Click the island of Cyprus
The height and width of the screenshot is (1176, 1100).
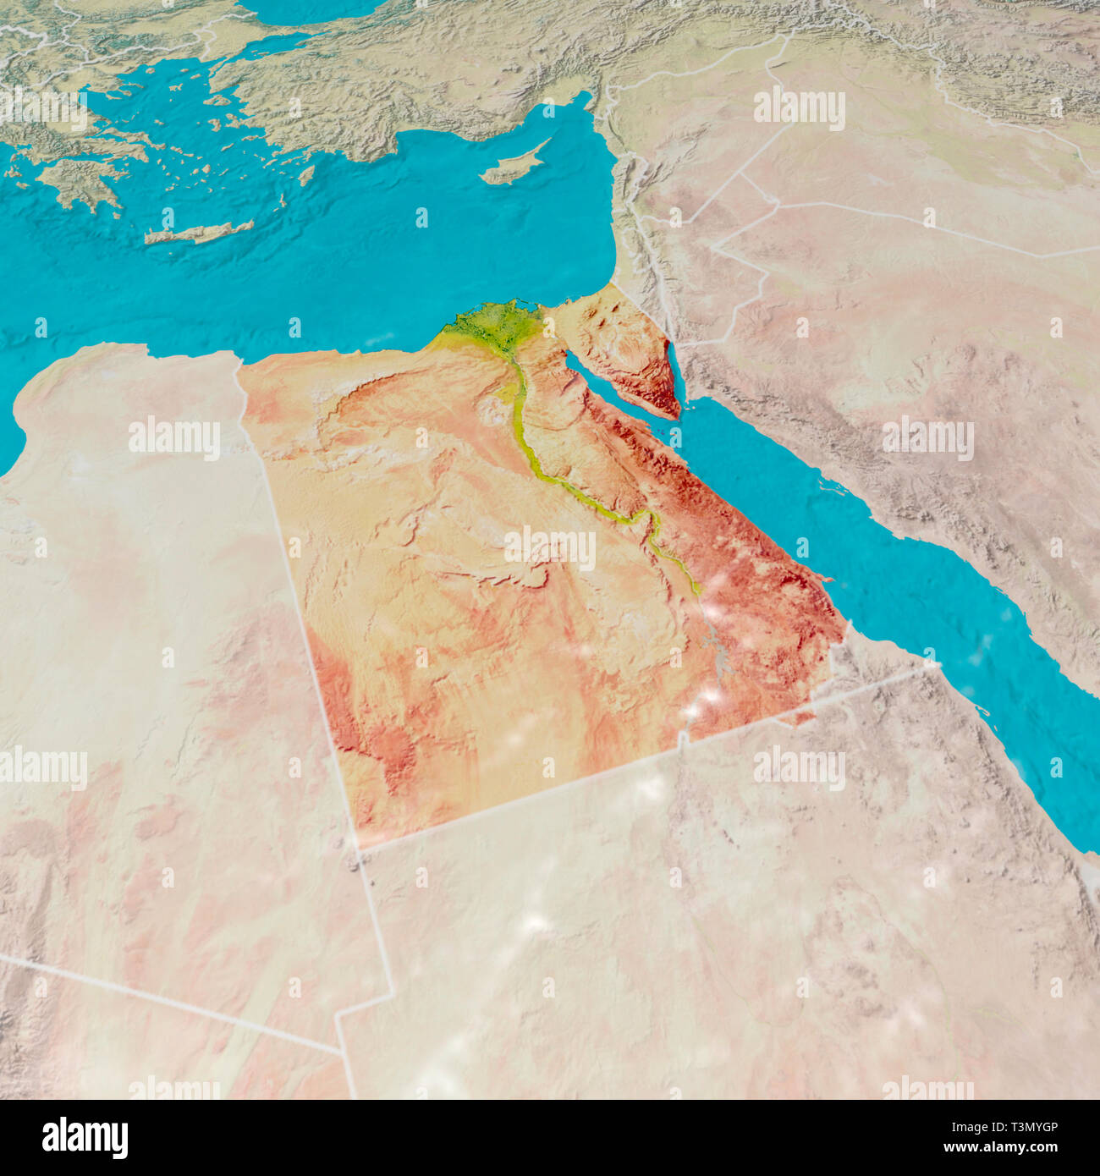(514, 166)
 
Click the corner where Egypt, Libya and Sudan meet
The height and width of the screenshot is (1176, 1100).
(355, 846)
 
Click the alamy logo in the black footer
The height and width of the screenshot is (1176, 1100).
(85, 1137)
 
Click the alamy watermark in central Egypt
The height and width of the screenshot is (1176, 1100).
(550, 548)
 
